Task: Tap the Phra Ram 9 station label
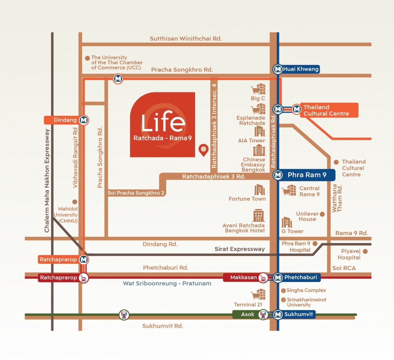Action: [307, 175]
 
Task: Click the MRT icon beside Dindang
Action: [84, 120]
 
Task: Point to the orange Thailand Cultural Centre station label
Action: [326, 111]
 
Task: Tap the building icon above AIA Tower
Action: [260, 131]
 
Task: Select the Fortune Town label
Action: [247, 199]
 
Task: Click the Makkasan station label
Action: [244, 277]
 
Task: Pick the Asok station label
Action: [248, 315]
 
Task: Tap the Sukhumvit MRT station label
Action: [299, 315]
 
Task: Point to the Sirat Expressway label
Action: [239, 249]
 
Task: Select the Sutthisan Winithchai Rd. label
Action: [186, 39]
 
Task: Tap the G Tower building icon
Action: [287, 222]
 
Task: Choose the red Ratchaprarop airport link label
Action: [58, 278]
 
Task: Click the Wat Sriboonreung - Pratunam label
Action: [167, 283]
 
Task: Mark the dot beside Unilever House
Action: [322, 214]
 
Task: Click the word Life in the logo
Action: [163, 122]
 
